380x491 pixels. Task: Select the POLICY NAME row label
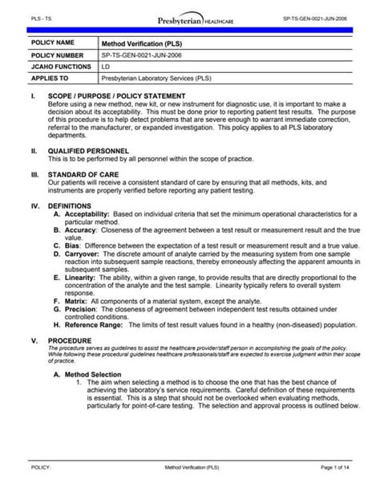click(53, 42)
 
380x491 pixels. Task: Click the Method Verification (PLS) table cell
click(135, 43)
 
